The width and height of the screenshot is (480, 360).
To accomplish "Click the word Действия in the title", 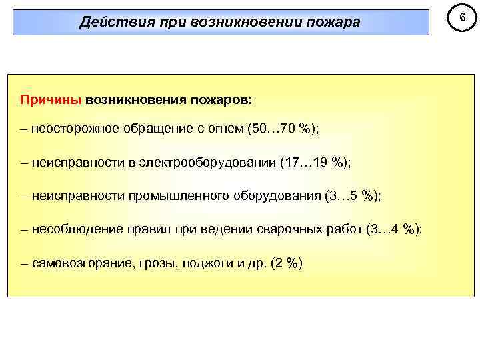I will point(110,23).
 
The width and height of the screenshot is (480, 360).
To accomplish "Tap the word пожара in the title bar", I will point(333,23).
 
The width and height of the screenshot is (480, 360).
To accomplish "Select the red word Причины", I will point(51,99).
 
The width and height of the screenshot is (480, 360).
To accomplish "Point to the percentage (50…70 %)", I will point(283,128).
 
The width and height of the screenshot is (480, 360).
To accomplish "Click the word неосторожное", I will point(73,128).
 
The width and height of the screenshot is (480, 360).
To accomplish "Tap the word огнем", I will point(225,128).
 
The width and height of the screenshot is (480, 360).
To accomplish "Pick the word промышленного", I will point(177,195).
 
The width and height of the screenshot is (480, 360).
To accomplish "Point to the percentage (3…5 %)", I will point(353,195).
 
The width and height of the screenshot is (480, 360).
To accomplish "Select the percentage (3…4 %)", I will point(394,229).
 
